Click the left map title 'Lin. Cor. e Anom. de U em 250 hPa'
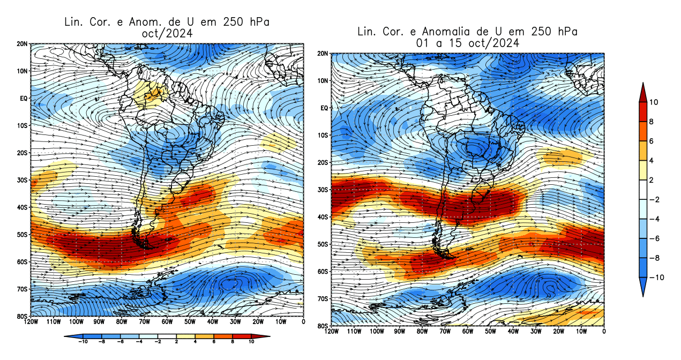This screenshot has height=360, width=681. [x=166, y=22]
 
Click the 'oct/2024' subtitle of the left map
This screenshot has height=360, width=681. [x=166, y=33]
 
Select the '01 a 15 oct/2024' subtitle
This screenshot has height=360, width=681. [x=468, y=43]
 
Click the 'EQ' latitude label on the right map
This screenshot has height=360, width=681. [x=324, y=108]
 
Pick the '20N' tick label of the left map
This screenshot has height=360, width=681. [x=23, y=43]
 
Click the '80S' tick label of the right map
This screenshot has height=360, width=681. [x=323, y=326]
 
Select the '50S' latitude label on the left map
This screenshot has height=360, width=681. [x=23, y=234]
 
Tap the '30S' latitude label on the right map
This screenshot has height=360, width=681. [x=323, y=190]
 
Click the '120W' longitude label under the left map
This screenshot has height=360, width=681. [x=31, y=322]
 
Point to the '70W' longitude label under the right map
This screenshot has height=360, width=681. [x=444, y=332]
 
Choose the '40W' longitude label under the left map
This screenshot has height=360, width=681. [x=213, y=322]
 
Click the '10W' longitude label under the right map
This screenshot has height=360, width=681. [x=581, y=332]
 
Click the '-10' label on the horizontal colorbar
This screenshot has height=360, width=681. [x=83, y=341]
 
